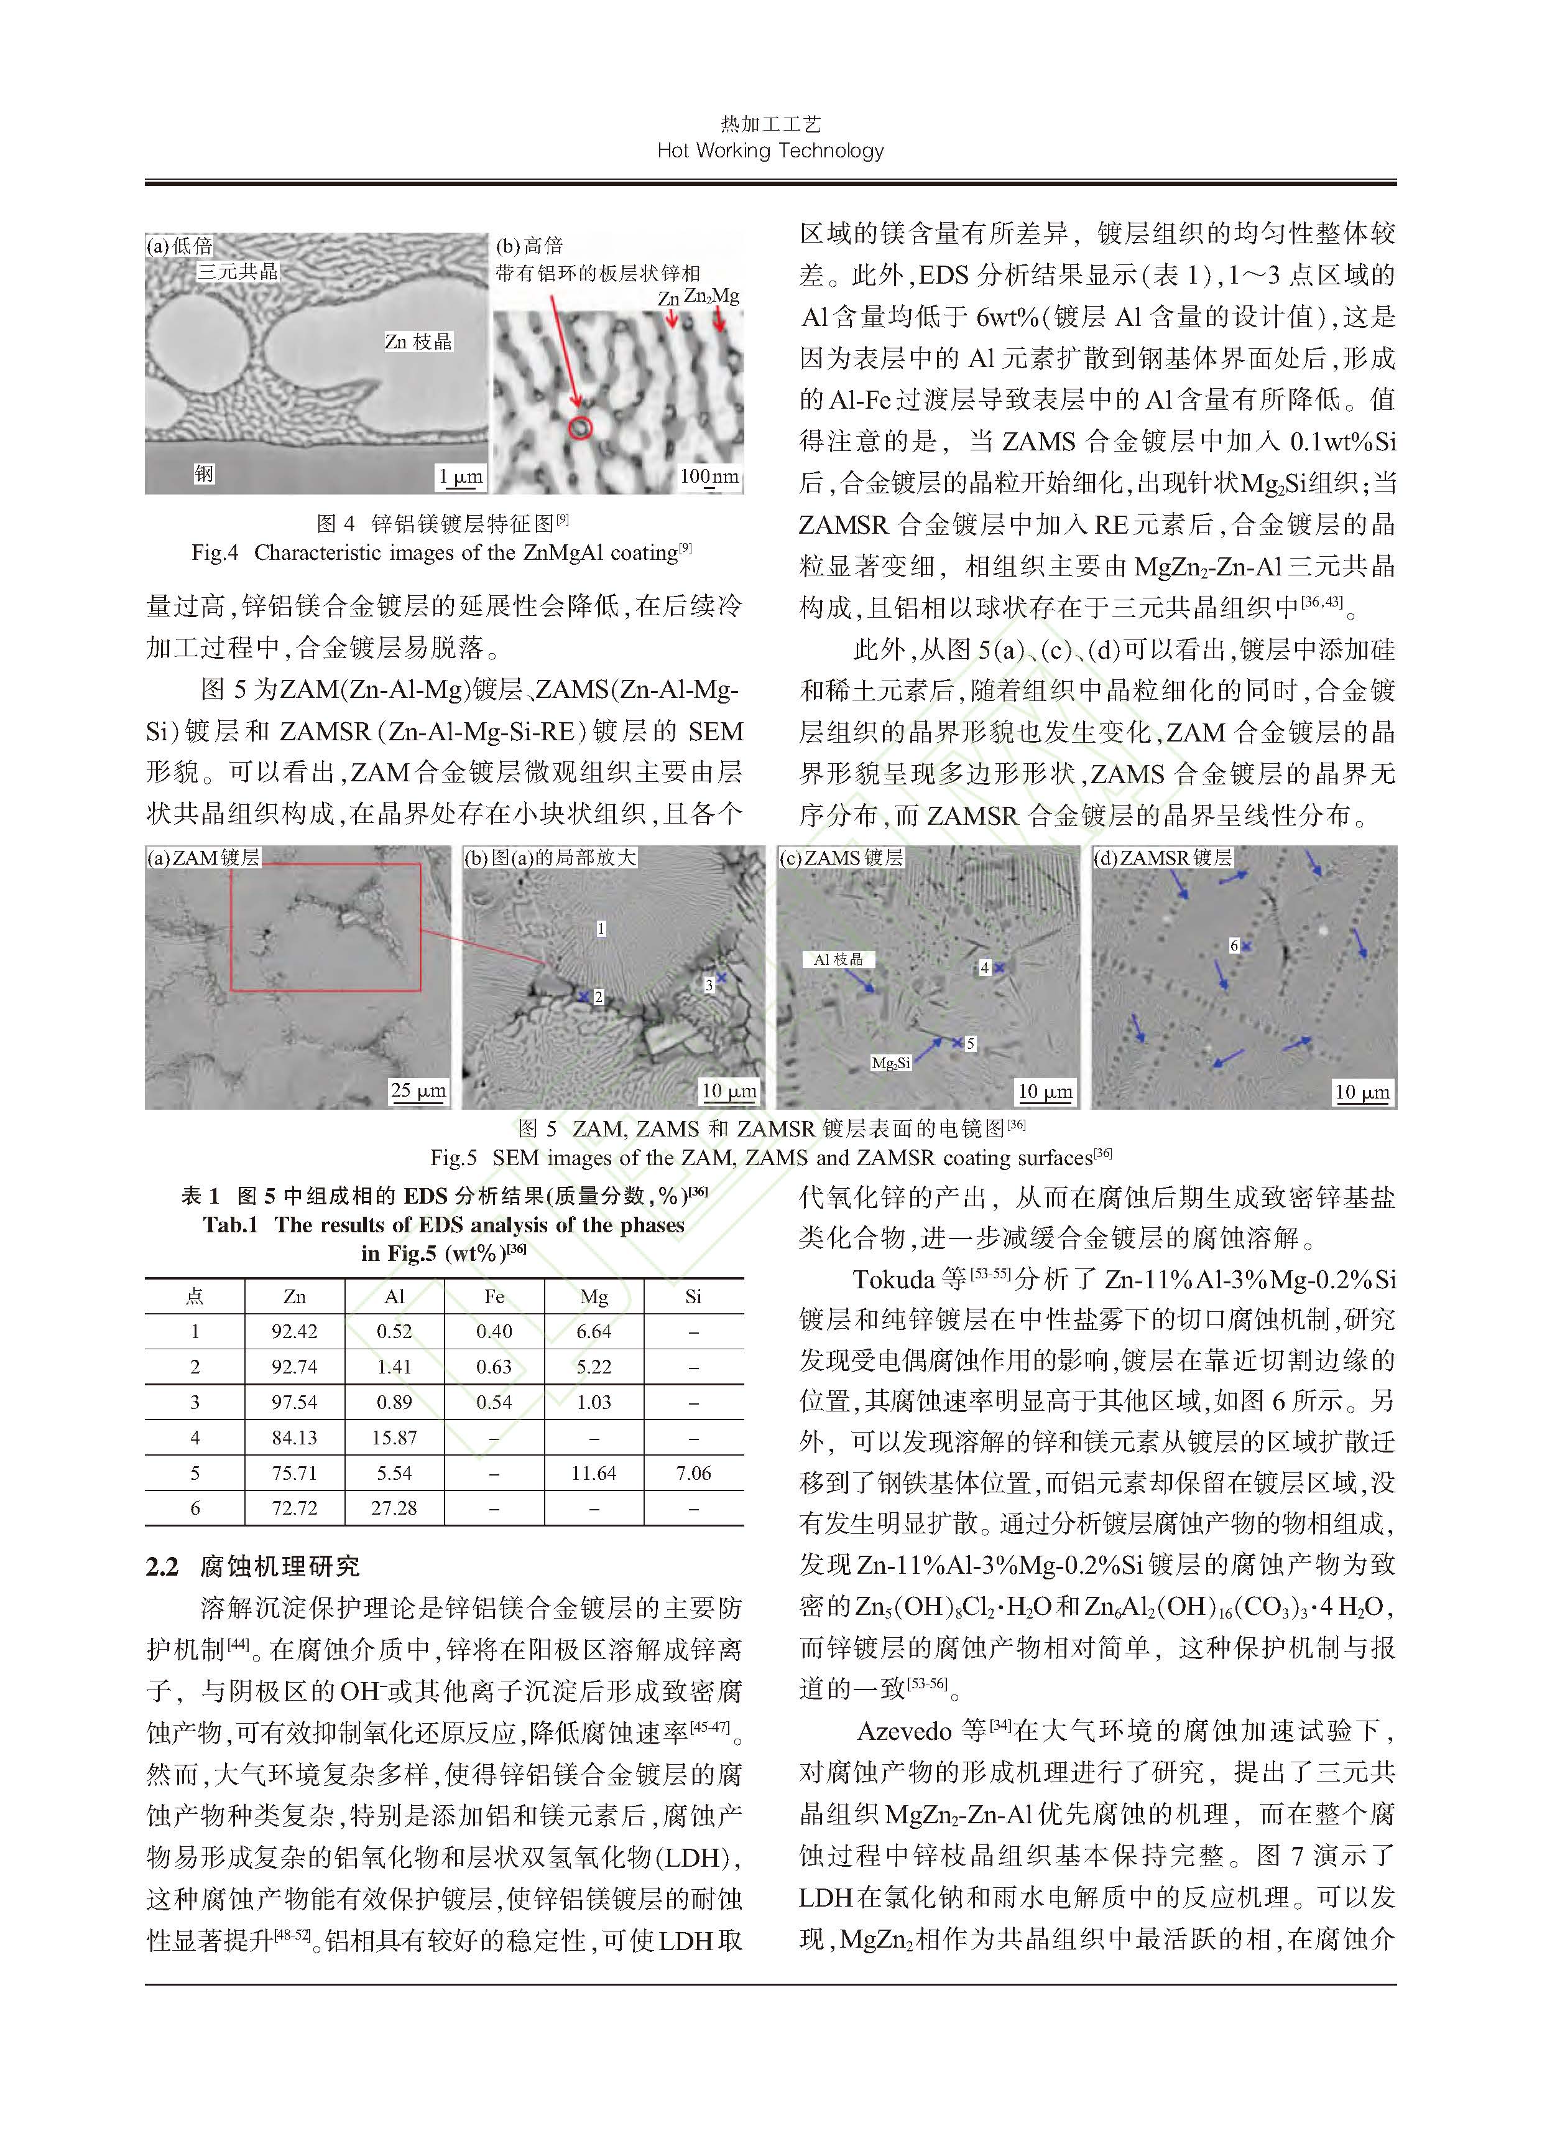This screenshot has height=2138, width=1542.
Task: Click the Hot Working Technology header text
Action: tap(770, 151)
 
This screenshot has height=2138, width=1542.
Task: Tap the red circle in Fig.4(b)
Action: tap(581, 428)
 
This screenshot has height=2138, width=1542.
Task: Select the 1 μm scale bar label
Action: tap(460, 476)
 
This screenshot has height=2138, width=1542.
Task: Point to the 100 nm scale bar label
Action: tap(709, 476)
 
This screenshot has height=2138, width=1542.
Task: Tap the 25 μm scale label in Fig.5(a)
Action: tap(418, 1090)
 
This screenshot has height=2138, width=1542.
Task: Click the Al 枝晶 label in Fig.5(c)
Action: tap(838, 959)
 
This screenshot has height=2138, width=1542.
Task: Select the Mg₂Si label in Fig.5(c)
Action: tap(891, 1063)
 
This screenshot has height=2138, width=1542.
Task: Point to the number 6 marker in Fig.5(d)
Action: tap(1234, 944)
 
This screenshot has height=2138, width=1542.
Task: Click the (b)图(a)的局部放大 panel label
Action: tap(550, 858)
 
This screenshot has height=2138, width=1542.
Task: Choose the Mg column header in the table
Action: tap(594, 1296)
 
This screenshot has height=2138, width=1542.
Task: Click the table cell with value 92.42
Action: tap(294, 1332)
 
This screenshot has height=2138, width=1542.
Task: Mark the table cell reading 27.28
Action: tap(394, 1508)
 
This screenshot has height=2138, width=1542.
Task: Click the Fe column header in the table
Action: tap(494, 1296)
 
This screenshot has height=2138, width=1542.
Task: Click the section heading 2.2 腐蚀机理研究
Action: tap(252, 1567)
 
